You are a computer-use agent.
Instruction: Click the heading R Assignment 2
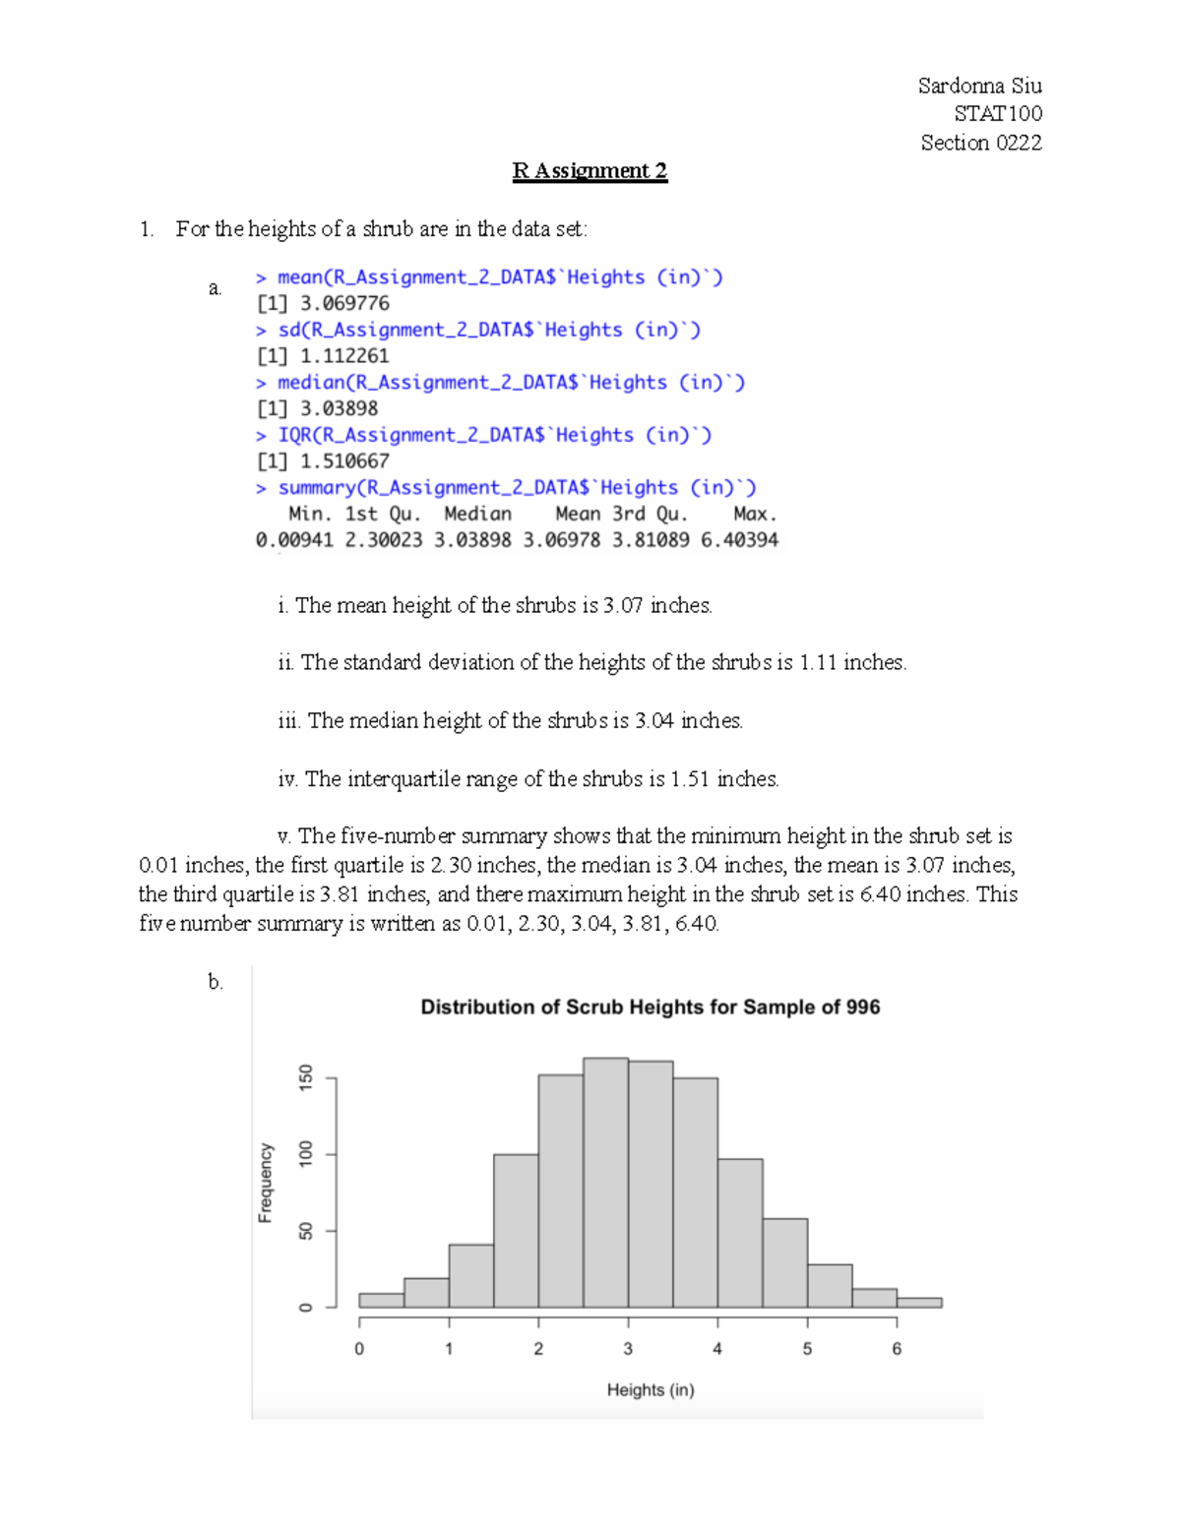590,171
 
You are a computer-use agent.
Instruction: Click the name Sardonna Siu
979,86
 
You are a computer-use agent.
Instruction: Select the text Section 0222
980,143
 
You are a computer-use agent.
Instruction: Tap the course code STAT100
997,114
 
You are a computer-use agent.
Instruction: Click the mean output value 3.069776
344,304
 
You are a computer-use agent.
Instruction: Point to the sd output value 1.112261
344,356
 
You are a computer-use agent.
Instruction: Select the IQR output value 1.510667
344,461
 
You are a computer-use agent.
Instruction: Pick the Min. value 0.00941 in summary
294,540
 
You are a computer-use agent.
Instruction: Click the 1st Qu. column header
383,514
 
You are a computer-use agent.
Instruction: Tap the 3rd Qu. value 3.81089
651,540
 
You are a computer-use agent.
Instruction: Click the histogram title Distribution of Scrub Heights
650,1008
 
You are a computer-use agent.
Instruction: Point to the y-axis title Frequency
265,1183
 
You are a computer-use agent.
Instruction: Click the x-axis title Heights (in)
650,1390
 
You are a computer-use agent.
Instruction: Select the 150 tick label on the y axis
306,1077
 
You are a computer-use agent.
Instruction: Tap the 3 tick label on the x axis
628,1349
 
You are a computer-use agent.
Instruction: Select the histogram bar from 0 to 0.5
381,1301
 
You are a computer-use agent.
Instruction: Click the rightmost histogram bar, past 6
919,1303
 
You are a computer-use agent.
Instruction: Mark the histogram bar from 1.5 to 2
516,1230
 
